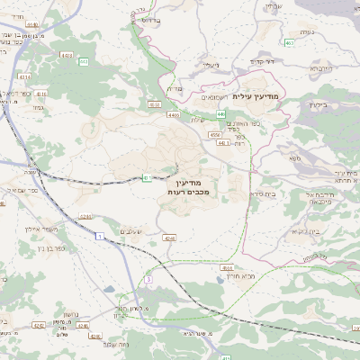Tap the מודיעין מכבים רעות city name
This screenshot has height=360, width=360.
188,186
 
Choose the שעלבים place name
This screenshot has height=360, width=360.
134,231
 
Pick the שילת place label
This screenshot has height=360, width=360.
199,119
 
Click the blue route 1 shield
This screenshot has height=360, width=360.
101,236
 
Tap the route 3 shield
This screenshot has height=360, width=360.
147,280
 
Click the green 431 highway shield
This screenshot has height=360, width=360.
145,177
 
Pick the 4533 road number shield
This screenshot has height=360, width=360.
155,105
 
